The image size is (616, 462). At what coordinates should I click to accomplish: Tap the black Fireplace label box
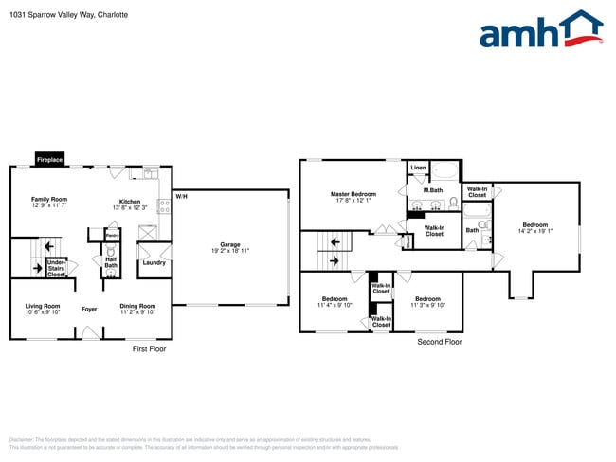pos(49,160)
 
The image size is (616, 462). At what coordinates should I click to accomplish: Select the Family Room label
pos(49,201)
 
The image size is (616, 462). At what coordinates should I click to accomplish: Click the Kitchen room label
pos(129,201)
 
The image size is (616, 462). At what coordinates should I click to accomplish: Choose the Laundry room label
pos(153,262)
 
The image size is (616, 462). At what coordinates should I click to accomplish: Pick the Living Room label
pos(43,306)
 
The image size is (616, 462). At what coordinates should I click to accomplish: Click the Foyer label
pos(89,309)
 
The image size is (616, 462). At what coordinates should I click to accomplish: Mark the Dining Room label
pos(137,306)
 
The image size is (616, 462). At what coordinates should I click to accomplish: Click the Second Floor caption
pos(440,341)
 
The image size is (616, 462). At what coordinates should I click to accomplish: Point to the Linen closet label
pos(418,168)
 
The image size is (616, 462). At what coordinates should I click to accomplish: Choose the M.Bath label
pos(433,191)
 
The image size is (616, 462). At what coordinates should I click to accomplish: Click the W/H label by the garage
pos(181,196)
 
